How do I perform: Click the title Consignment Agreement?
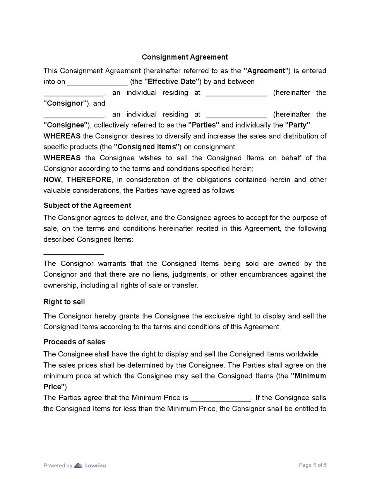185,57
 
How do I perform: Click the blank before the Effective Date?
98,82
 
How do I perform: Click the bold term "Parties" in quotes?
204,125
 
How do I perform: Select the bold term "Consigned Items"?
147,147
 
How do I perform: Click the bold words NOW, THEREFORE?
77,180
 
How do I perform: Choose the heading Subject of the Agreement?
87,205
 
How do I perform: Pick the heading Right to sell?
64,302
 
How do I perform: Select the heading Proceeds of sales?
74,342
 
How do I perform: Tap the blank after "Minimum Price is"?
221,399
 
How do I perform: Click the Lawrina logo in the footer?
90,465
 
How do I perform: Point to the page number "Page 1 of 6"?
312,465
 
